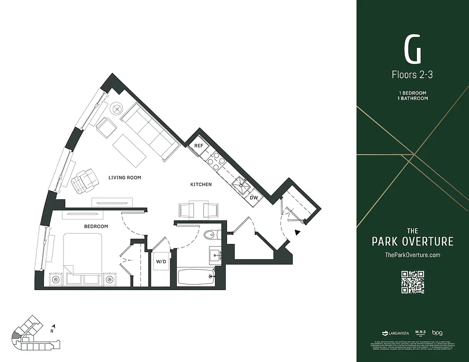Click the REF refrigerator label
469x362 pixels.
[198, 146]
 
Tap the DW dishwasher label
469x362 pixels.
[254, 197]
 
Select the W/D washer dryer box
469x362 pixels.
[161, 262]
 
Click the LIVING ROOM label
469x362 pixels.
[125, 178]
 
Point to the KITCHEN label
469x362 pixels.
[201, 185]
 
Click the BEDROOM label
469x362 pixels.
[96, 226]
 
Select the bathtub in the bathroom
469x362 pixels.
[195, 277]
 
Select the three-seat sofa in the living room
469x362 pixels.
[149, 131]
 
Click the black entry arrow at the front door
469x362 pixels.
[297, 233]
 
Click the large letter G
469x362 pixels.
[412, 51]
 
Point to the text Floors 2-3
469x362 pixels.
[412, 75]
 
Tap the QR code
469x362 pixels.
[412, 282]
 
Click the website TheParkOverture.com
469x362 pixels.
[412, 255]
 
